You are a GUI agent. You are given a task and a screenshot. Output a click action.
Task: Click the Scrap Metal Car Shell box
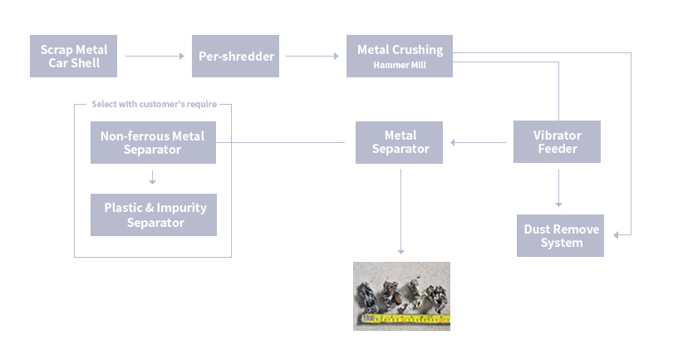pos(73,57)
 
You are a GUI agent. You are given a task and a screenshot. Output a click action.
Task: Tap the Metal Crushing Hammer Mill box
pos(400,57)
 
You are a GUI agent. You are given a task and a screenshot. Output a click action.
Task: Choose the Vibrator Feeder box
pos(557,142)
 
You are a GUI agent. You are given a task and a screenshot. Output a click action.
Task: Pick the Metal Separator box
pos(400,142)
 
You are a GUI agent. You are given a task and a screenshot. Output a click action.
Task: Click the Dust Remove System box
pos(561,236)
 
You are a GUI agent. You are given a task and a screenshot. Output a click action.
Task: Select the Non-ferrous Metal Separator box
pos(153,142)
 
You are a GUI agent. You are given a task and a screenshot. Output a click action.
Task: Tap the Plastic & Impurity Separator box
pos(154,215)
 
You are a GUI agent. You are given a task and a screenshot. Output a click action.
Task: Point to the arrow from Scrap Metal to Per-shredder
pos(155,57)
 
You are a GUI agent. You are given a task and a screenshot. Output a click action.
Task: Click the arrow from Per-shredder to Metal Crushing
pos(312,57)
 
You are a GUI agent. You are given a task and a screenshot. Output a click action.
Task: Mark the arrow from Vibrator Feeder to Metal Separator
pos(478,142)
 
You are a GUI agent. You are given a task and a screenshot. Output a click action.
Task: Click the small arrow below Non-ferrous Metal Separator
pos(153,178)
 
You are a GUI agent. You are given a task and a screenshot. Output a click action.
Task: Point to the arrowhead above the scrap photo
pos(400,251)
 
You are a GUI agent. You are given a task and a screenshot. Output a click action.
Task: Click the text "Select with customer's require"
pos(154,105)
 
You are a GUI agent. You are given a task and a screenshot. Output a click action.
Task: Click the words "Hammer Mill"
pos(400,65)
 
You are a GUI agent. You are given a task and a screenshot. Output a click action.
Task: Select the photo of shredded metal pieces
pos(401,295)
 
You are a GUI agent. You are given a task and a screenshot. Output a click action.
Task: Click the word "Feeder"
pos(557,150)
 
